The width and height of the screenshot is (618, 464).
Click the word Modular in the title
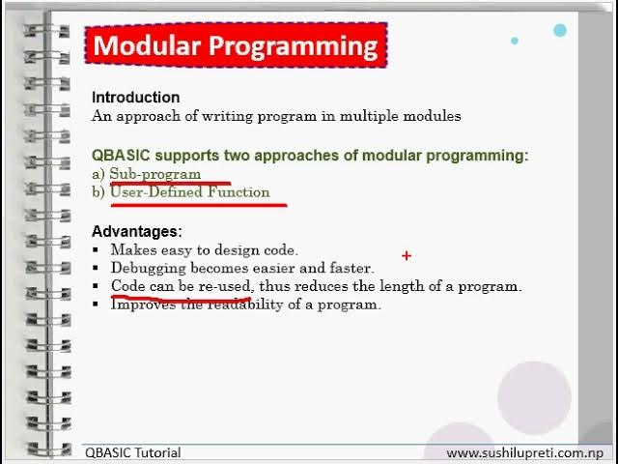point(146,45)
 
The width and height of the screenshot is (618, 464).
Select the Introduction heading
point(135,98)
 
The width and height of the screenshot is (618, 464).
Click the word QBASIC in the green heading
point(121,156)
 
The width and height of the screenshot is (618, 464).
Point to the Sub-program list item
point(155,174)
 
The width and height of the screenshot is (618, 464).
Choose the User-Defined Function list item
point(190,192)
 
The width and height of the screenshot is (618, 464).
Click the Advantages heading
point(137,231)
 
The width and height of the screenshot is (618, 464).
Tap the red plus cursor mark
point(407,256)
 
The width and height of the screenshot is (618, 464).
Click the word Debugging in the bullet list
point(148,269)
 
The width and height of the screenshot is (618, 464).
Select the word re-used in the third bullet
point(225,286)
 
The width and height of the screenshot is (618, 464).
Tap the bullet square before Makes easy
point(95,249)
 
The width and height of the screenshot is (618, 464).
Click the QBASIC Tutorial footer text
point(133,452)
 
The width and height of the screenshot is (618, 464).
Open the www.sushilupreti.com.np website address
point(524,453)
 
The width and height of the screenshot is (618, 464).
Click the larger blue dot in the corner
point(560,30)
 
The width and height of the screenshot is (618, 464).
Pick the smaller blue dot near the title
point(515,41)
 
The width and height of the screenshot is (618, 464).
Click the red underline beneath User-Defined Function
point(199,205)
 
